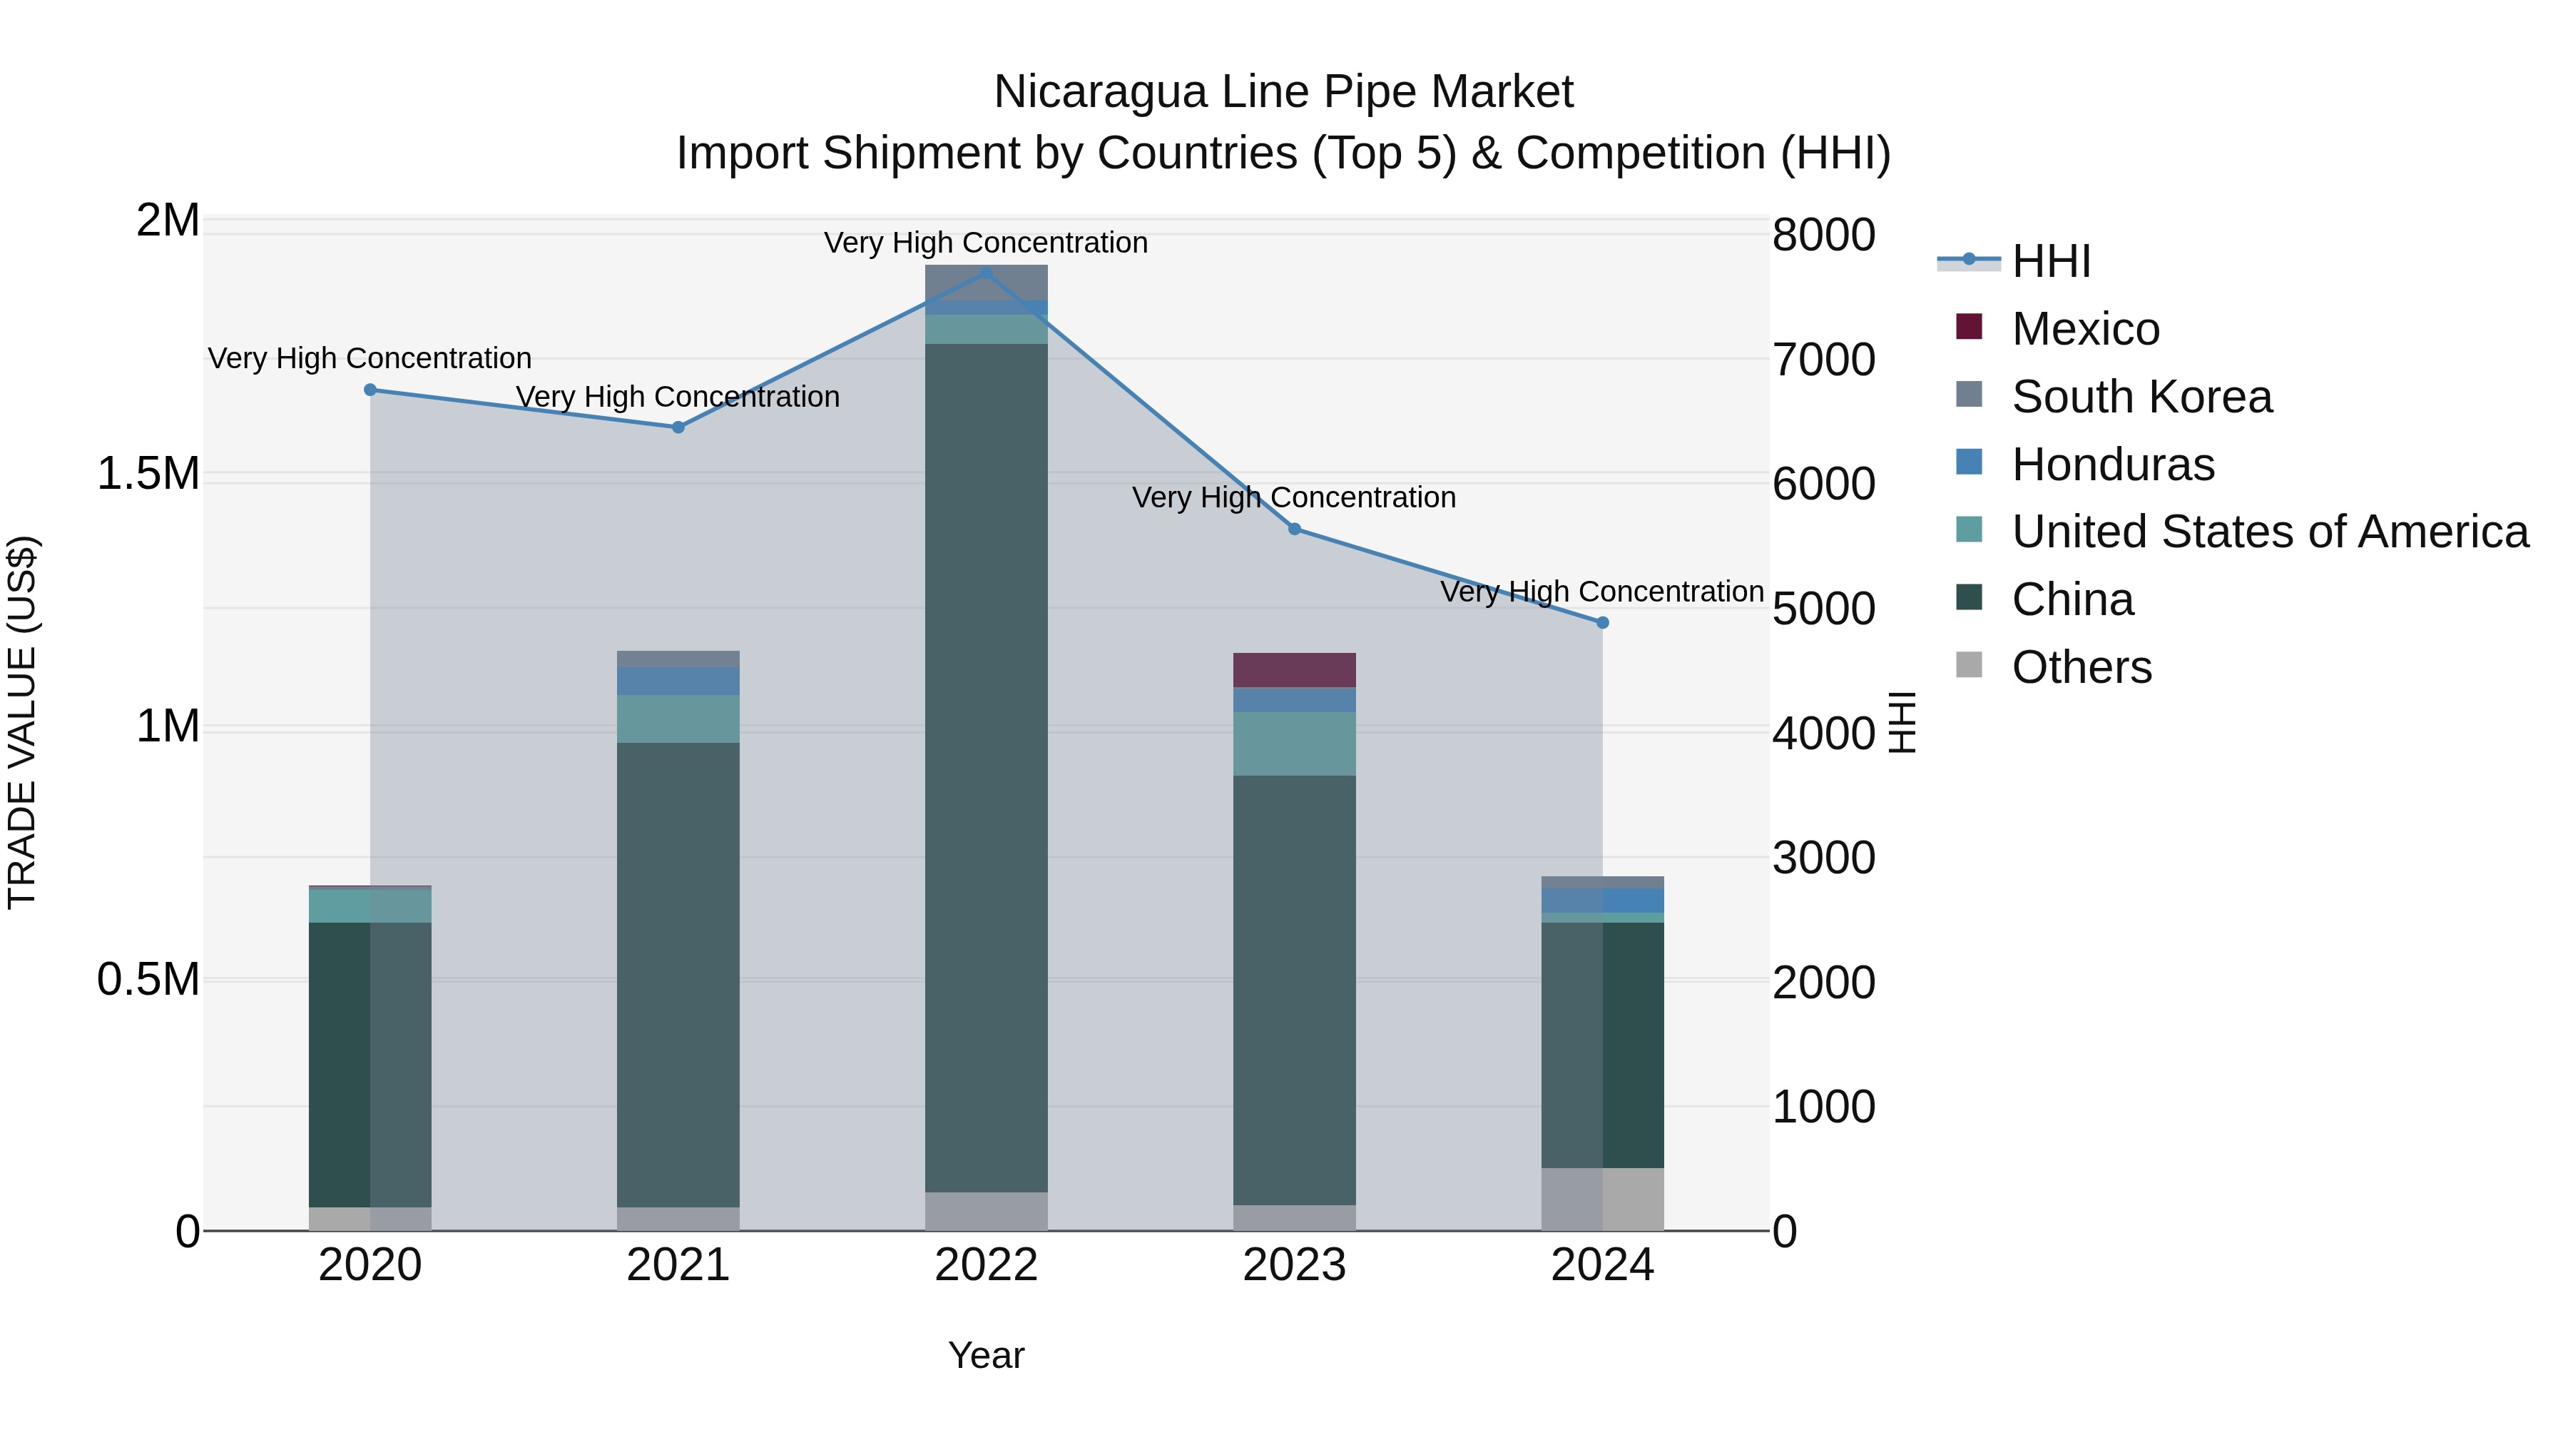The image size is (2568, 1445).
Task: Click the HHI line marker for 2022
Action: [x=986, y=273]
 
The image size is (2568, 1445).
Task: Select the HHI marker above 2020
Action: [x=370, y=390]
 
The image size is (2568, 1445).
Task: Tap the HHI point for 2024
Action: [x=1602, y=622]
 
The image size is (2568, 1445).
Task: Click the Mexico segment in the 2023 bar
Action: [x=1294, y=670]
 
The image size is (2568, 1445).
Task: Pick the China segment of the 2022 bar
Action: [x=986, y=768]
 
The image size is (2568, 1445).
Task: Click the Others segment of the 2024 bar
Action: [x=1602, y=1199]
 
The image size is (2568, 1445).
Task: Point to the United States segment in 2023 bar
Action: [x=1294, y=744]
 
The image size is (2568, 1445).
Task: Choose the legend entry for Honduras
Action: [x=2112, y=465]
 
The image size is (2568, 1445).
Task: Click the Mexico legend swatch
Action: [x=1969, y=327]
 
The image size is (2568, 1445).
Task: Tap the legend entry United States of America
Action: [x=2270, y=532]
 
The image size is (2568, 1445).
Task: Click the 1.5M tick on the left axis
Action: [x=148, y=474]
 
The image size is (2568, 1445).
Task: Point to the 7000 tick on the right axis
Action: [x=1823, y=360]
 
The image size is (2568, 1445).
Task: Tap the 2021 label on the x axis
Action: [x=678, y=1265]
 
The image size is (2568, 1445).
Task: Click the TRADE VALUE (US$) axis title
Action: [x=22, y=723]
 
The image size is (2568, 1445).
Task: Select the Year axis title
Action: [x=986, y=1355]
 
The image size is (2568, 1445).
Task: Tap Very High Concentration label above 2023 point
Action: [x=1294, y=497]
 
